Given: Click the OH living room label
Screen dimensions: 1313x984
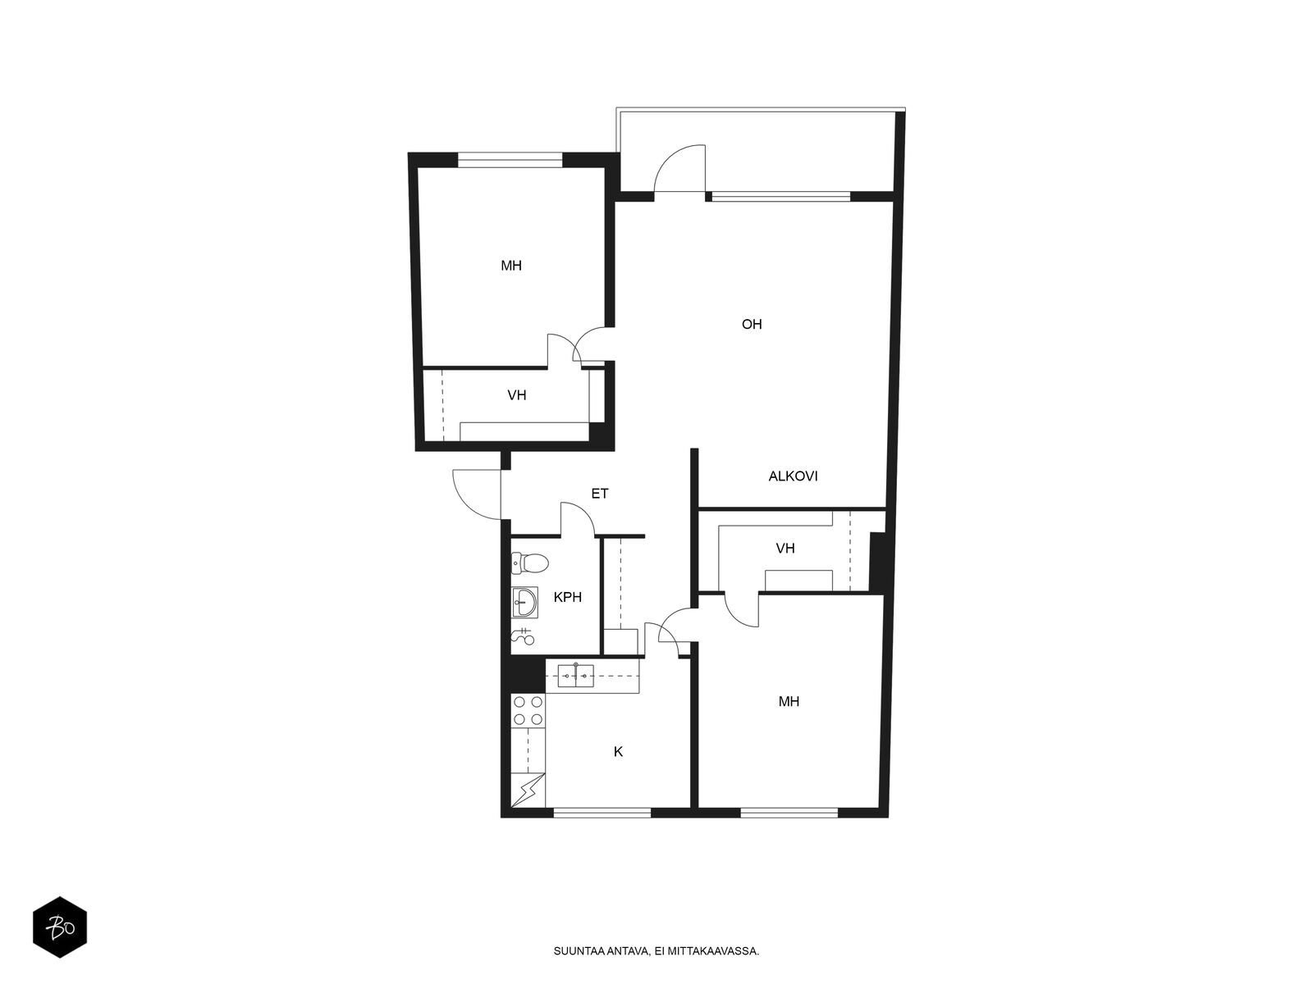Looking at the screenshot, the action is (x=752, y=325).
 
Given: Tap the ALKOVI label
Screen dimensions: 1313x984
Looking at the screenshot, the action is (x=793, y=476).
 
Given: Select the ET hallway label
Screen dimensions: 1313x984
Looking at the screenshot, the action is (x=599, y=494).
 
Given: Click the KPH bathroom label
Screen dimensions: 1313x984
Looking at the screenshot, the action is (x=567, y=597).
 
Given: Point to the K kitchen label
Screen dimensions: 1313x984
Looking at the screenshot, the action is (x=618, y=752).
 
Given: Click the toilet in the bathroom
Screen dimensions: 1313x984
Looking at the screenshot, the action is (x=530, y=563).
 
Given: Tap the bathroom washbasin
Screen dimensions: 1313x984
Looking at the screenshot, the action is (x=524, y=602).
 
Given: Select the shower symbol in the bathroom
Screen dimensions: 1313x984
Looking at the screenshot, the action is (x=522, y=637).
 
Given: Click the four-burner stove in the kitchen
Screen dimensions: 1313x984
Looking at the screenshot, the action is (x=528, y=710).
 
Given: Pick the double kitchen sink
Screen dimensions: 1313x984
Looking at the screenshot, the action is (x=575, y=676).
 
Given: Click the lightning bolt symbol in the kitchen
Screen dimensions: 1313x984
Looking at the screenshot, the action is (x=528, y=791).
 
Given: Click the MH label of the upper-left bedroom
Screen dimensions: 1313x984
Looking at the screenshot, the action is (x=511, y=265).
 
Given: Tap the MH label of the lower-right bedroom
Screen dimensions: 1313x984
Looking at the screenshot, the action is (x=789, y=701).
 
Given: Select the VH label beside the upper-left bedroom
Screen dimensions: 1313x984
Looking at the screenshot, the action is (x=517, y=395).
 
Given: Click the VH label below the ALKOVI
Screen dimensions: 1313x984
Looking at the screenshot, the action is (x=785, y=548).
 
